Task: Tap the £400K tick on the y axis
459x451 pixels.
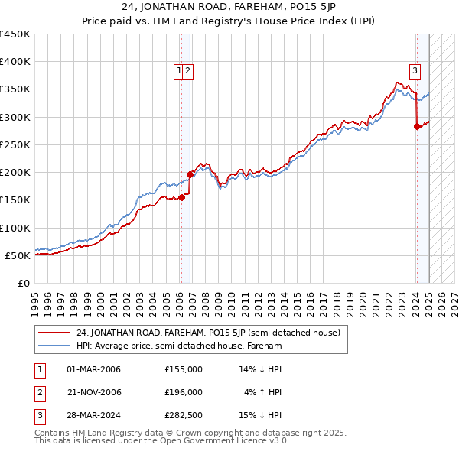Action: point(15,62)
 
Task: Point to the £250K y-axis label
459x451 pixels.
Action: point(15,144)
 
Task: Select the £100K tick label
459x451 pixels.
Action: point(15,228)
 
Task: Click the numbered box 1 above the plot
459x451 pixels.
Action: point(179,72)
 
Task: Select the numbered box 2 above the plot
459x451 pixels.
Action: point(187,72)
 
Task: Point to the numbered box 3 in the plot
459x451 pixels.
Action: point(415,72)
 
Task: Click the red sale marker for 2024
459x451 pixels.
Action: point(417,127)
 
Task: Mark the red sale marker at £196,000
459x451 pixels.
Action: point(190,174)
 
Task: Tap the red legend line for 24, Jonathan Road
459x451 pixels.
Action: point(54,333)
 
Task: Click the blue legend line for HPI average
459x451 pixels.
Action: point(54,346)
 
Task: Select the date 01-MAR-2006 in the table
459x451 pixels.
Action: point(94,369)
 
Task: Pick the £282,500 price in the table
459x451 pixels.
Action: point(184,415)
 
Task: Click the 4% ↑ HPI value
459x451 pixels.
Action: point(263,392)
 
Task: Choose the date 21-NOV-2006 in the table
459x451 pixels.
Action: point(94,392)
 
